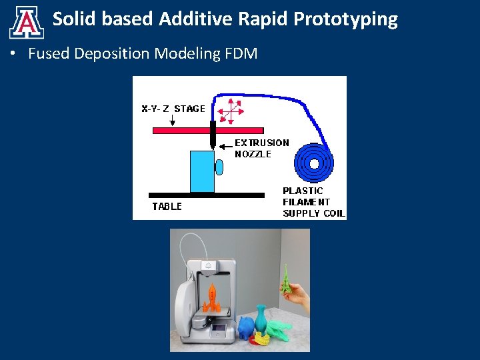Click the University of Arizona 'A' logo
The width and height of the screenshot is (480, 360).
27,22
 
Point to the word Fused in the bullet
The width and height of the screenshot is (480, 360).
49,54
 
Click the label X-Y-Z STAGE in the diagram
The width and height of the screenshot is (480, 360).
173,109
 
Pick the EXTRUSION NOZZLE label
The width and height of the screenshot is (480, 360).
261,148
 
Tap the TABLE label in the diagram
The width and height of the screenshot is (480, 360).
167,207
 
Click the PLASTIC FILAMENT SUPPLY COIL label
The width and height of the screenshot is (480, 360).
313,202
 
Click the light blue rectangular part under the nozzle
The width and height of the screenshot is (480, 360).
202,171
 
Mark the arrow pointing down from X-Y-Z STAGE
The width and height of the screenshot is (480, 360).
173,121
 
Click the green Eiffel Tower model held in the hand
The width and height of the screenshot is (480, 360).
285,278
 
